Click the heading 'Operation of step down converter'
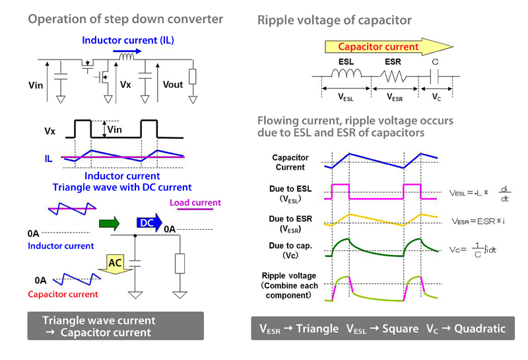[x=125, y=18]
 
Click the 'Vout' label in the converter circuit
[x=172, y=85]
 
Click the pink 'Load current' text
[x=195, y=203]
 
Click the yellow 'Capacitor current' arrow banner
[x=383, y=46]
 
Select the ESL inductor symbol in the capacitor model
[x=346, y=79]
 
